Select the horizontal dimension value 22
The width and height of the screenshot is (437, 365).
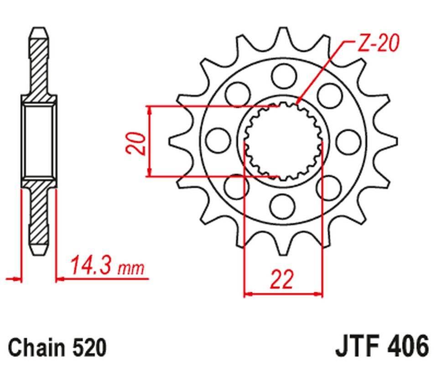tap(282, 279)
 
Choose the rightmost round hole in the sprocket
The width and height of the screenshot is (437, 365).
tap(348, 140)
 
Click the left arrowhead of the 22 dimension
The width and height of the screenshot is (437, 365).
tap(248, 294)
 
